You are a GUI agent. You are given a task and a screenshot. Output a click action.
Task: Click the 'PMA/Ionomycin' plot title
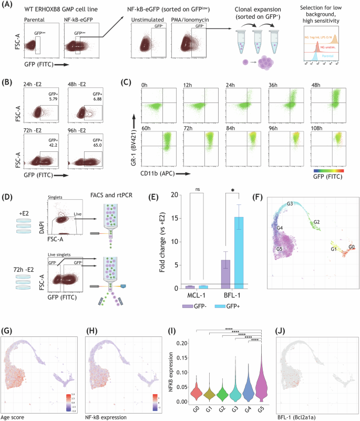tap(192, 23)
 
